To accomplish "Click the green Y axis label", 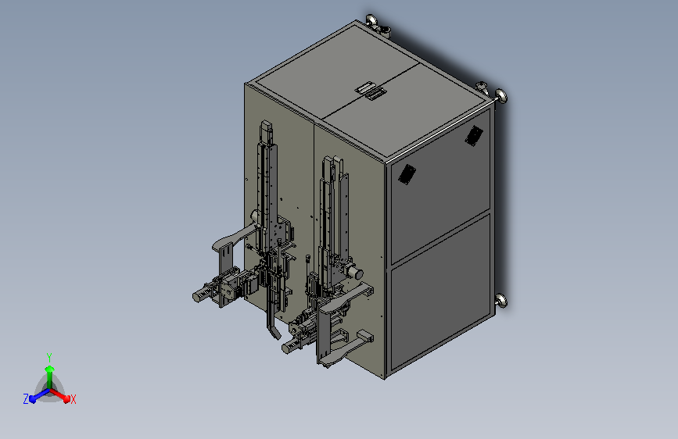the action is pyautogui.click(x=49, y=357).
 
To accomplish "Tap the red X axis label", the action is pyautogui.click(x=73, y=400).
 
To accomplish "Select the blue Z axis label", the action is pyautogui.click(x=26, y=399).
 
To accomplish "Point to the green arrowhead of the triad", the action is pyautogui.click(x=49, y=369).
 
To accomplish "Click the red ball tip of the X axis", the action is pyautogui.click(x=66, y=398).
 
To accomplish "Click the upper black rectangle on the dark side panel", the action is pyautogui.click(x=474, y=136).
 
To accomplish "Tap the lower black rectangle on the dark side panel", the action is pyautogui.click(x=407, y=174).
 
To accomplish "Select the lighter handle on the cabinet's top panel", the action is pyautogui.click(x=365, y=88).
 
